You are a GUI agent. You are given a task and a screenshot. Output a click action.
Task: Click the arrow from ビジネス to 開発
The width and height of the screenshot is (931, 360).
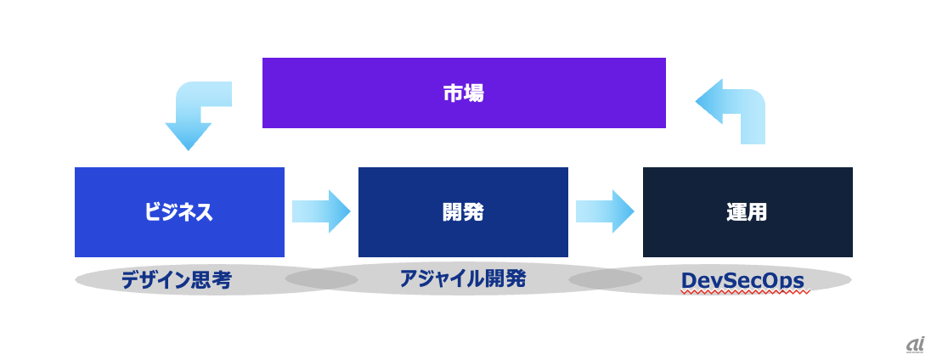321,211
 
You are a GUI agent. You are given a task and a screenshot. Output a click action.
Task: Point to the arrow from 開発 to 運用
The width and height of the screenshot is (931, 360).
605,211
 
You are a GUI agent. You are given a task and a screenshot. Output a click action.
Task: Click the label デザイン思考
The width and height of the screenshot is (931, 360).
176,280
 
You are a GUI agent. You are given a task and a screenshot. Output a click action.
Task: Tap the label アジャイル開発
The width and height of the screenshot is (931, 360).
463,278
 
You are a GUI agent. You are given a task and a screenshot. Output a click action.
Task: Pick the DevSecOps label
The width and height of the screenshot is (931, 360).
742,279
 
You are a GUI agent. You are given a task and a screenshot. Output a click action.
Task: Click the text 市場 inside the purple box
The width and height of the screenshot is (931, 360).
464,93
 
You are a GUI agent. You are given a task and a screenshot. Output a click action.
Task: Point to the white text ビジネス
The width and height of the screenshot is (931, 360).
178,211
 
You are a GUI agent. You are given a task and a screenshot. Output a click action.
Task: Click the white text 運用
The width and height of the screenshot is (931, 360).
748,211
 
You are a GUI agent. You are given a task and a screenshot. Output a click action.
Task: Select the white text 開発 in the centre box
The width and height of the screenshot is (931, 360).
463,211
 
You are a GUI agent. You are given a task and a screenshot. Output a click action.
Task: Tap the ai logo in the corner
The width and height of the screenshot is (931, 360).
915,343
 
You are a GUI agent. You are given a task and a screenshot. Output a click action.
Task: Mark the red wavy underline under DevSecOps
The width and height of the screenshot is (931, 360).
742,291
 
